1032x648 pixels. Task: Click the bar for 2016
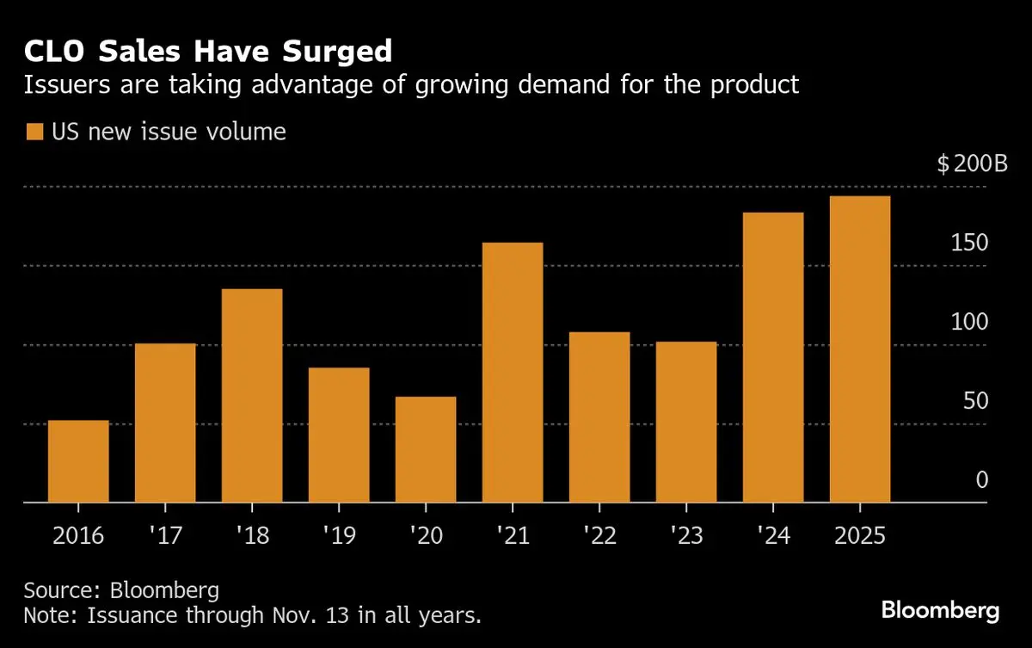tap(78, 461)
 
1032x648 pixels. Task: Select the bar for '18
tap(252, 396)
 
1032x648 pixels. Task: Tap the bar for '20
tap(426, 449)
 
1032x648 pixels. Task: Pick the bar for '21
tap(513, 373)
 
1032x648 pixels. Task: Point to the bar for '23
tap(686, 422)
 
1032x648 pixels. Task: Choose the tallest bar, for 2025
tap(860, 349)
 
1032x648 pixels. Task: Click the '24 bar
tap(773, 357)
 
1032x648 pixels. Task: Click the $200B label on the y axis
tap(972, 164)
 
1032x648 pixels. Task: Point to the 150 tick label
tap(970, 244)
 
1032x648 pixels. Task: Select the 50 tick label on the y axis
tap(976, 402)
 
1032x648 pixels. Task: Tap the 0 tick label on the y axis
tap(982, 480)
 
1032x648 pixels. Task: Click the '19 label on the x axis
tap(338, 535)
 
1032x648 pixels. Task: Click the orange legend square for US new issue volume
tap(34, 132)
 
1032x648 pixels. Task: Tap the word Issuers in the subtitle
tap(63, 84)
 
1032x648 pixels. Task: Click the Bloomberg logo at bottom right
tap(941, 611)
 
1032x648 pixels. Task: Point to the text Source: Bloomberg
tap(121, 591)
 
